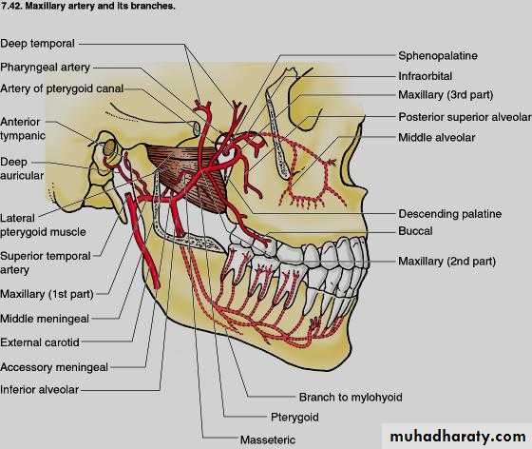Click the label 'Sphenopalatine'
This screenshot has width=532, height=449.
pos(438,56)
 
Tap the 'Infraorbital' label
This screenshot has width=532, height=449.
pos(426,76)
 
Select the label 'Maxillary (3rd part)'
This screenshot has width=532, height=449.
pos(446,95)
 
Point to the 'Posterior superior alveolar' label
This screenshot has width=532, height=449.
pos(465,117)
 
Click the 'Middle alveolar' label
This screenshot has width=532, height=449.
pos(437,138)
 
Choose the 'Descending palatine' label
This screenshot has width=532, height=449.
pos(450,214)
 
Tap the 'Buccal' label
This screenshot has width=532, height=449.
pos(416,231)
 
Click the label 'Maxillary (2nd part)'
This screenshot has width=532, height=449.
pos(446,262)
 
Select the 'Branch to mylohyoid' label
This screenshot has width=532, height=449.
pos(351,397)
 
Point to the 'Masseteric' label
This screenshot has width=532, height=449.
pos(268,439)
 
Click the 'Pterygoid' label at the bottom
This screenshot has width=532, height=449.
pos(294,417)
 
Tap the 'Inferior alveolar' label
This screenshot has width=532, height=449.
pos(39,390)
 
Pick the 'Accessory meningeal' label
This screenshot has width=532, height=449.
pos(54,367)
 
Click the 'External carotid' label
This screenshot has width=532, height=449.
pos(40,342)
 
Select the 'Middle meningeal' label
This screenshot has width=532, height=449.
pos(45,319)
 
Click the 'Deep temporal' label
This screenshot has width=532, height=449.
pos(37,44)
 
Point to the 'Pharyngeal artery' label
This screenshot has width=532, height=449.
pos(45,68)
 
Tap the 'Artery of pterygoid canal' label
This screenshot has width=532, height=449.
pos(62,88)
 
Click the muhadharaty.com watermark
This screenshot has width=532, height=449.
pos(458,437)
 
